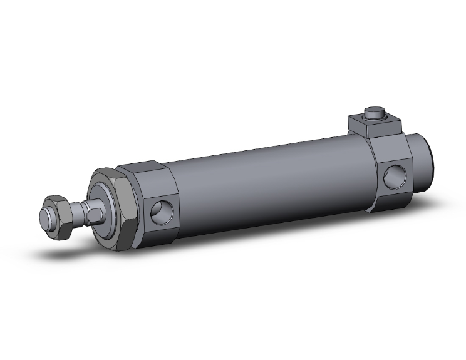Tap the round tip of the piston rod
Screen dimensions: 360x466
pos(46,216)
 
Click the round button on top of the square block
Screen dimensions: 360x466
pos(375,114)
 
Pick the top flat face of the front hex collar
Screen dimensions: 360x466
pos(143,171)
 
